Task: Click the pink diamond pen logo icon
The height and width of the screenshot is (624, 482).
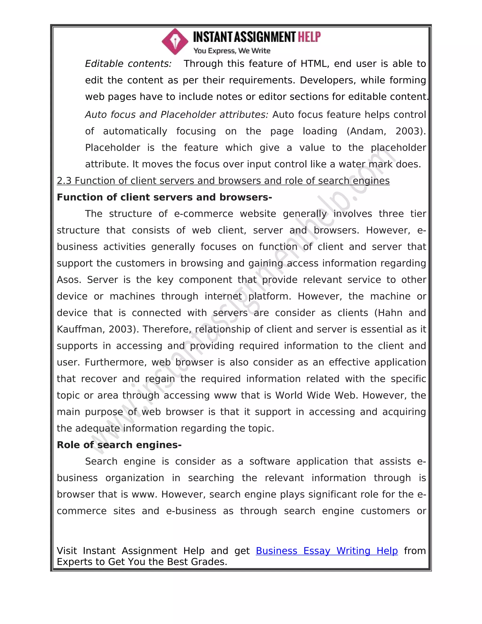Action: (x=175, y=41)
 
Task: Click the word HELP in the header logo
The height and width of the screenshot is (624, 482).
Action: (x=309, y=37)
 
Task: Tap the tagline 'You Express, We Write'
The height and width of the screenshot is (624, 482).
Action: (x=232, y=51)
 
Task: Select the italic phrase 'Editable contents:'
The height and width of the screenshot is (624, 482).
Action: (x=128, y=64)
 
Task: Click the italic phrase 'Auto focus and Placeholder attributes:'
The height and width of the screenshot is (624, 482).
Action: (x=177, y=115)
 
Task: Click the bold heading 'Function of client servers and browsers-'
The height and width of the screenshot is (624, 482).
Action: (x=164, y=197)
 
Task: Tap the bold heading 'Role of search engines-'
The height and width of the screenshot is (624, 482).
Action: (x=119, y=445)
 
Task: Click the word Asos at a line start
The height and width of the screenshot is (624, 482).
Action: (x=68, y=280)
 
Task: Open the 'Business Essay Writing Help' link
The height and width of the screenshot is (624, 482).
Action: (x=326, y=551)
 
